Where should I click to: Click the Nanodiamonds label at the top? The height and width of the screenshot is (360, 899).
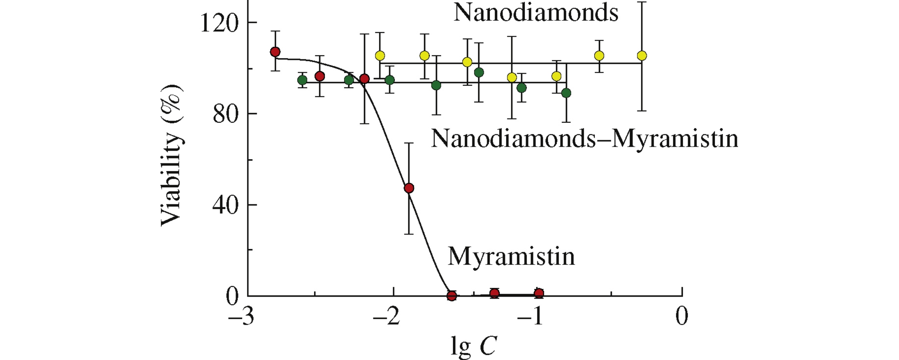536,13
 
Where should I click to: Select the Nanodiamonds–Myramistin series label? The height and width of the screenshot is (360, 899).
584,139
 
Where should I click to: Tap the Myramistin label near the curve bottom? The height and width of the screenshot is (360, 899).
511,256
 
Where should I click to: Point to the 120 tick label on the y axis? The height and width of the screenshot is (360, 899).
219,23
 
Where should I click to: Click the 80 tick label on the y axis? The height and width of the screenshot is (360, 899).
225,114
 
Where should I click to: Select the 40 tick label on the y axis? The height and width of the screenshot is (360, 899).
225,205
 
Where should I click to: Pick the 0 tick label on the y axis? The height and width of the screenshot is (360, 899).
232,296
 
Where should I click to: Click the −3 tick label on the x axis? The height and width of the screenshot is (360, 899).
241,316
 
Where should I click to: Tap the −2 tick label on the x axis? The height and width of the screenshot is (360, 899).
386,316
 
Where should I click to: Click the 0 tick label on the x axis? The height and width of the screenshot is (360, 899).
682,316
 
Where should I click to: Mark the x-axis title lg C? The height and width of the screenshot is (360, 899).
474,346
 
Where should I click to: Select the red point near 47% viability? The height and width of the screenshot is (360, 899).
409,188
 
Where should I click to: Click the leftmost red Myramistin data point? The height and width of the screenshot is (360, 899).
275,52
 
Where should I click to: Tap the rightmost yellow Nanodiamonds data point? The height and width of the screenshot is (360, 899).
641,56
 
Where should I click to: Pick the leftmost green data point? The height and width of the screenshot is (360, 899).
302,80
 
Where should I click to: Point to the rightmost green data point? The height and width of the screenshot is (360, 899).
566,93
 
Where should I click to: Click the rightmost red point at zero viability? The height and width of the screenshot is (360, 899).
539,293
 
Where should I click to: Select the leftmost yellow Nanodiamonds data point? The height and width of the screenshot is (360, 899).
380,56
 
